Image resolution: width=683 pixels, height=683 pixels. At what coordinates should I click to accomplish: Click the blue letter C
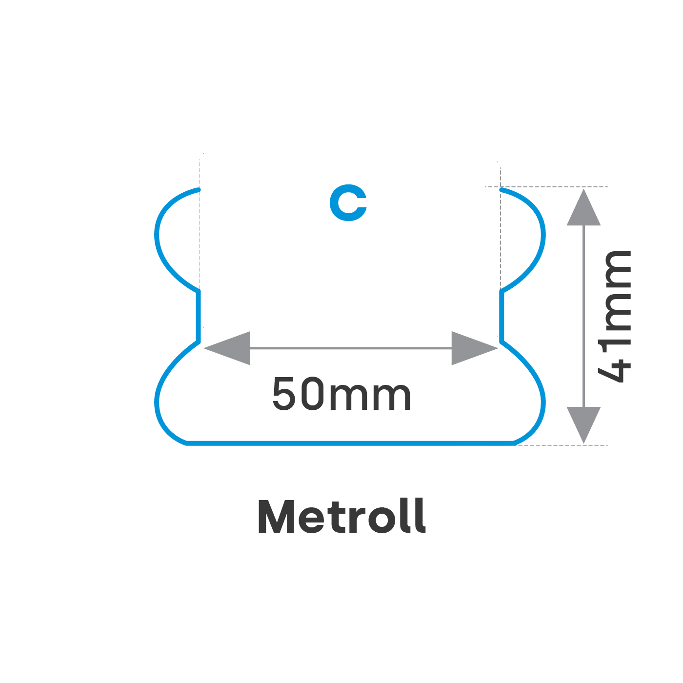[348, 202]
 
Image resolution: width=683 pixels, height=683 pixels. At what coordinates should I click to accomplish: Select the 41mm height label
[615, 316]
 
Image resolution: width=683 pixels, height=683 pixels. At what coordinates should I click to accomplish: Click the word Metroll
[341, 516]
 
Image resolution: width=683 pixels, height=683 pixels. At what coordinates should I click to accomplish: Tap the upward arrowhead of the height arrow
[583, 209]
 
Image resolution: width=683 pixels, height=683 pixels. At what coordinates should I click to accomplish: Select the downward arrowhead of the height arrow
[583, 423]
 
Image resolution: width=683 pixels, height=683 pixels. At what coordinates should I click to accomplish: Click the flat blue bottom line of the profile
[350, 443]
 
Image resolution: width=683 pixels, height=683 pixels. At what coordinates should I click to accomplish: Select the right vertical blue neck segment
[501, 315]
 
